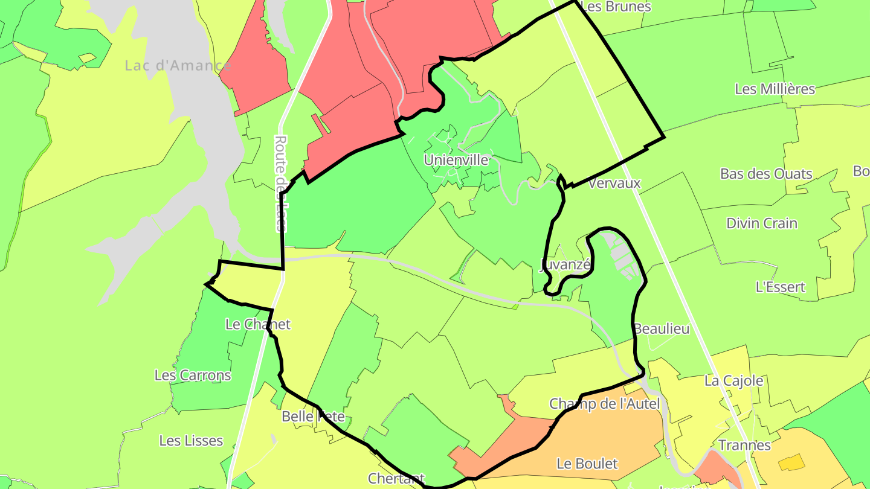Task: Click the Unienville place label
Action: pyautogui.click(x=456, y=160)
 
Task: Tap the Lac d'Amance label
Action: pyautogui.click(x=178, y=65)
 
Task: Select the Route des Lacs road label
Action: pyautogui.click(x=280, y=184)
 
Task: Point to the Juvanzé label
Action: pyautogui.click(x=565, y=264)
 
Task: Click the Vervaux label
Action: pyautogui.click(x=614, y=183)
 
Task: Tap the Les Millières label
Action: pyautogui.click(x=775, y=89)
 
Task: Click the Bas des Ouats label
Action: pyautogui.click(x=766, y=174)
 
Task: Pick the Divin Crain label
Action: pyautogui.click(x=761, y=223)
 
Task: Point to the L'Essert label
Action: pyautogui.click(x=781, y=287)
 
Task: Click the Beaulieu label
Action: pyautogui.click(x=662, y=329)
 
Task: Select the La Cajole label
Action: pyautogui.click(x=733, y=381)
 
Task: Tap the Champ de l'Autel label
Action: pyautogui.click(x=604, y=404)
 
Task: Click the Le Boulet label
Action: pyautogui.click(x=587, y=464)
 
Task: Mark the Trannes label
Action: pyautogui.click(x=744, y=446)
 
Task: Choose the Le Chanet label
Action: pyautogui.click(x=257, y=324)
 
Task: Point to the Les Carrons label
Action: pyautogui.click(x=193, y=375)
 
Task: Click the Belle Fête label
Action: pyautogui.click(x=313, y=417)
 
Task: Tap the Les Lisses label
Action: pyautogui.click(x=191, y=441)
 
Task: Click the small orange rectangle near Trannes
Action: pyautogui.click(x=791, y=463)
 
